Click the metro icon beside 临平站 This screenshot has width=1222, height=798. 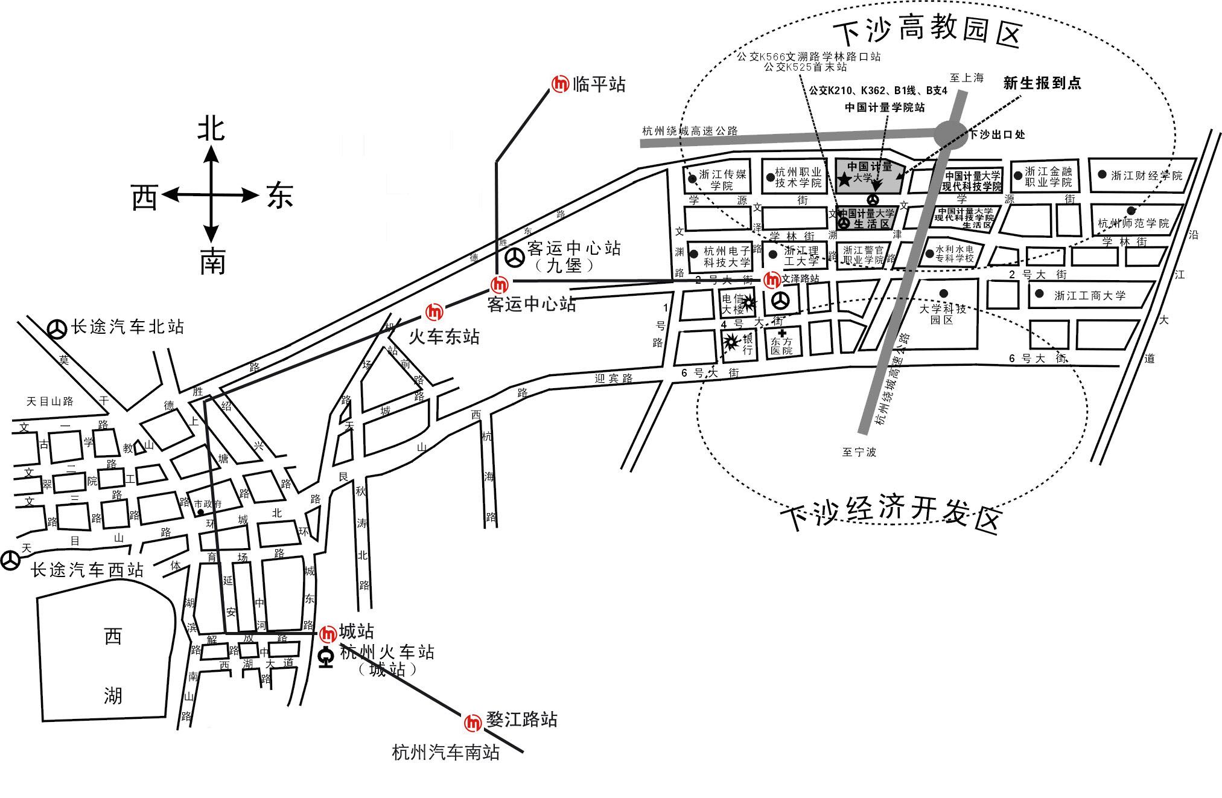click(561, 85)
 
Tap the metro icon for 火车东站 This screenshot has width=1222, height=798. click(434, 312)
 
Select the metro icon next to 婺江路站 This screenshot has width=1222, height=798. click(473, 722)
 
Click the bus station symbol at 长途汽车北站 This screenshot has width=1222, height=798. click(57, 329)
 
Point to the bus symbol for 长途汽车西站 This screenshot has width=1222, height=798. click(10, 560)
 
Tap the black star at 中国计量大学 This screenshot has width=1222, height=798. click(844, 179)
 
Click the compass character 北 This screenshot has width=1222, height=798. click(211, 129)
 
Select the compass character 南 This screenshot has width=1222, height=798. click(212, 263)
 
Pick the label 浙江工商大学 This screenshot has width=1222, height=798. click(1089, 296)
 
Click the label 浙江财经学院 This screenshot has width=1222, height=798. click(1147, 176)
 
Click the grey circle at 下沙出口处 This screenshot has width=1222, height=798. click(950, 134)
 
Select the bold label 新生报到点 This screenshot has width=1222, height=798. click(1042, 83)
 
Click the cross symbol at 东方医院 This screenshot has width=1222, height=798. click(782, 333)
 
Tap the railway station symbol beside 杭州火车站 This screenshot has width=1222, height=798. click(326, 657)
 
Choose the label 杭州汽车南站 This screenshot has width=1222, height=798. click(445, 752)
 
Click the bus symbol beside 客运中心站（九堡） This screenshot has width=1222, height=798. click(515, 258)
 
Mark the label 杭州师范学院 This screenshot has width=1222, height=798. click(1133, 223)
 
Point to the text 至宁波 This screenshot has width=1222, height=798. click(859, 452)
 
